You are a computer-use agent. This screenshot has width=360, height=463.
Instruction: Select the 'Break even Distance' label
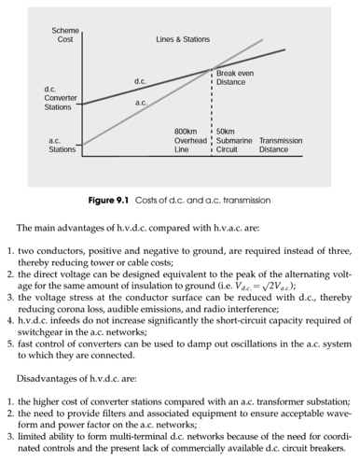pyautogui.click(x=230, y=77)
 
